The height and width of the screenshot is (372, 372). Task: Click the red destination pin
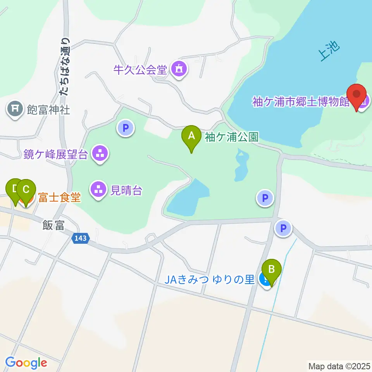coord(356,96)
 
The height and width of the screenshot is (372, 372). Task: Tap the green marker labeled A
coord(191,137)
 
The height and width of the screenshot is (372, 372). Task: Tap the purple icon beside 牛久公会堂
coord(179,70)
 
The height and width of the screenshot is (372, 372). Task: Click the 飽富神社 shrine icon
coord(15,110)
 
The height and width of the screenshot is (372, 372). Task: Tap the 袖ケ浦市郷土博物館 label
coord(301,102)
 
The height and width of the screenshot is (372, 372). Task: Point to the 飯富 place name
coord(53,226)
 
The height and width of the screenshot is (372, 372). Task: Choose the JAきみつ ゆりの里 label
coord(210,279)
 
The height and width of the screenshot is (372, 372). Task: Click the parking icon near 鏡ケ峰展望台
coord(126,128)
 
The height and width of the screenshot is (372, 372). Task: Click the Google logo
coord(26,363)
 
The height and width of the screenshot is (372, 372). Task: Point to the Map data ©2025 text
coord(339,366)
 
